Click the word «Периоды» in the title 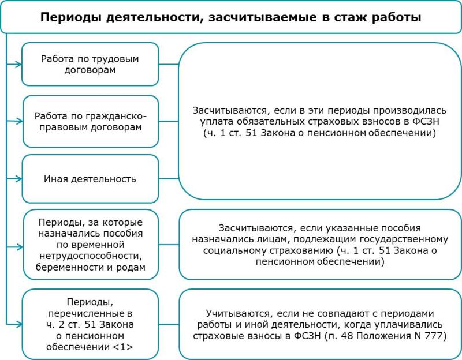pos(71,17)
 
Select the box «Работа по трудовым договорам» pos(90,64)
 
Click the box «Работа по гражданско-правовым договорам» pos(91,121)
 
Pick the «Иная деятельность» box pos(90,179)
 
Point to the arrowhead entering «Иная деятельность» pos(18,179)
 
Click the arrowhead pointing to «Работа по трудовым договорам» pos(18,64)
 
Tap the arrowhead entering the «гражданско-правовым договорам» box pos(19,121)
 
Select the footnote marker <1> pos(123,347)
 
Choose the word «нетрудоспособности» pos(91,256)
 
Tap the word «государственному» pos(403,239)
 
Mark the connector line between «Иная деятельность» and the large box pos(169,179)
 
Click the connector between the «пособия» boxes pos(169,245)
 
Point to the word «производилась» pos(410,111)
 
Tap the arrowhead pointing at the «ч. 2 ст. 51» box pos(19,324)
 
